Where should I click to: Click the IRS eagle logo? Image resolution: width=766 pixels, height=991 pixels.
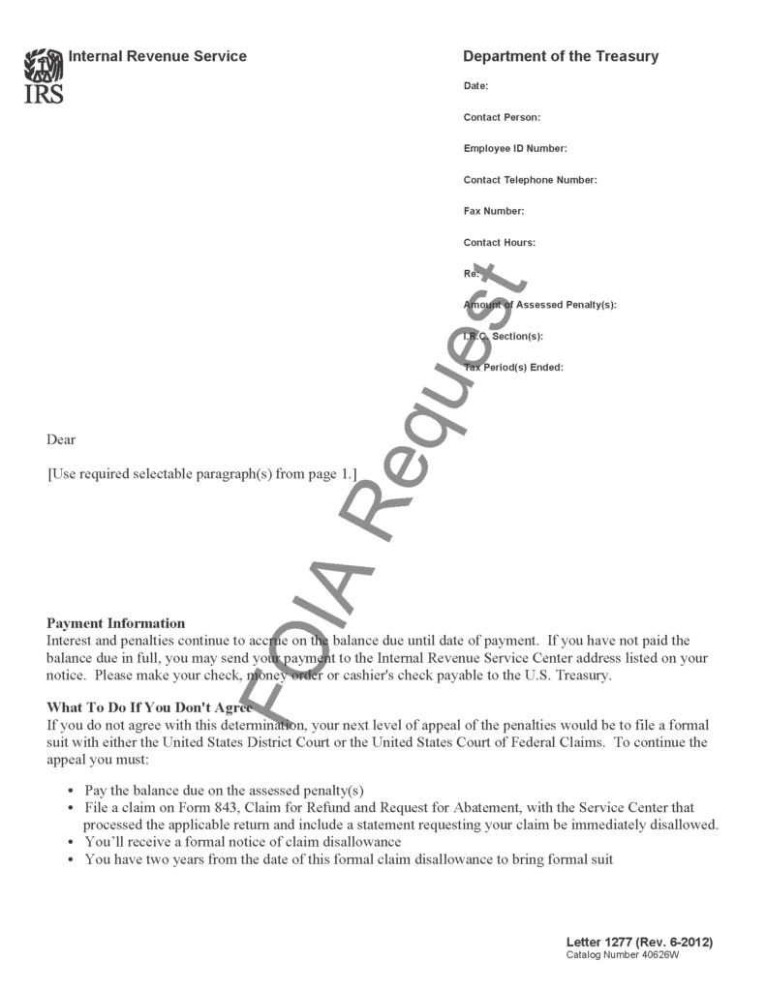pos(44,75)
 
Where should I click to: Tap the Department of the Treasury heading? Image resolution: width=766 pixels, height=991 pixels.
pos(561,56)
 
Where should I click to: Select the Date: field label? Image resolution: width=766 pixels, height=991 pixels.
pos(475,87)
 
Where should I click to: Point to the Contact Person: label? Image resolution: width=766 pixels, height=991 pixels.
pos(502,118)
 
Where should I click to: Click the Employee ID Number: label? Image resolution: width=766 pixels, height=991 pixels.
pos(515,149)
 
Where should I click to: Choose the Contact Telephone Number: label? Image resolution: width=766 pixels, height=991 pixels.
pos(531,180)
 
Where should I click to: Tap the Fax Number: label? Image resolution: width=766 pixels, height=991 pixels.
pos(494,211)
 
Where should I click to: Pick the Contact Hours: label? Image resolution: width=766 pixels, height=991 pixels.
pos(500,243)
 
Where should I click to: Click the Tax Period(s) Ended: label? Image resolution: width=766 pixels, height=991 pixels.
pos(513,368)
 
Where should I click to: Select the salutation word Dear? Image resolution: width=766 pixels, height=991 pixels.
pos(61,439)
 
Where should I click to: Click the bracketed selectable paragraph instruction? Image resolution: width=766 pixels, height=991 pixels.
pos(202,474)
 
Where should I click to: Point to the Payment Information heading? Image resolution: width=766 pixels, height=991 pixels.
pos(116,623)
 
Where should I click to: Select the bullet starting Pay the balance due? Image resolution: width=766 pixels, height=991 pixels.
pos(224,790)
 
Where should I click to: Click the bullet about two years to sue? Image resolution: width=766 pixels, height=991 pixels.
pos(349,859)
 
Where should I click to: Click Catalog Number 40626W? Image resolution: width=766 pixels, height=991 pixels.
pos(623,955)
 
